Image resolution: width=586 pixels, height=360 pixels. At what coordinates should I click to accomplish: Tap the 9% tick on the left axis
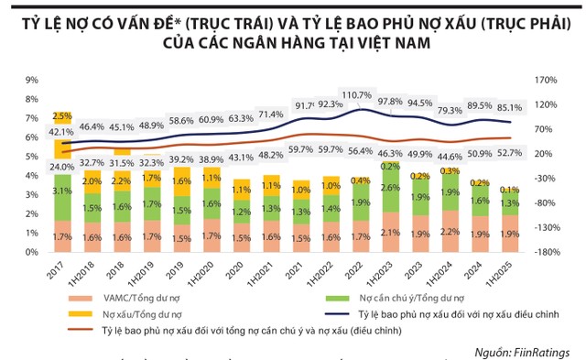(31, 80)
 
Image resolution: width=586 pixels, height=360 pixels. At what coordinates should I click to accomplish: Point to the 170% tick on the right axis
(546, 80)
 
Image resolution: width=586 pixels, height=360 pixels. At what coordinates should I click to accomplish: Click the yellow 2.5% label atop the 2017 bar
(61, 116)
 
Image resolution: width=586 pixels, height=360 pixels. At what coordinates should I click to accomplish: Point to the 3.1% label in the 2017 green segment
(61, 191)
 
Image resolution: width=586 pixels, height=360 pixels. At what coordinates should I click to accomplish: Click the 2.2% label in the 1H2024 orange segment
(449, 232)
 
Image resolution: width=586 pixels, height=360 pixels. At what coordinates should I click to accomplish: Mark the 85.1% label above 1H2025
(509, 106)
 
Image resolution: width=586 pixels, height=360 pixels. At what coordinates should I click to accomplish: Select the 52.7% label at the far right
(509, 153)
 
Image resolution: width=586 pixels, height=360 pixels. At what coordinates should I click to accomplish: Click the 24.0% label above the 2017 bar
(61, 167)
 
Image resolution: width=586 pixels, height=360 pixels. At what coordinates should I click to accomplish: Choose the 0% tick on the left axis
(31, 252)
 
